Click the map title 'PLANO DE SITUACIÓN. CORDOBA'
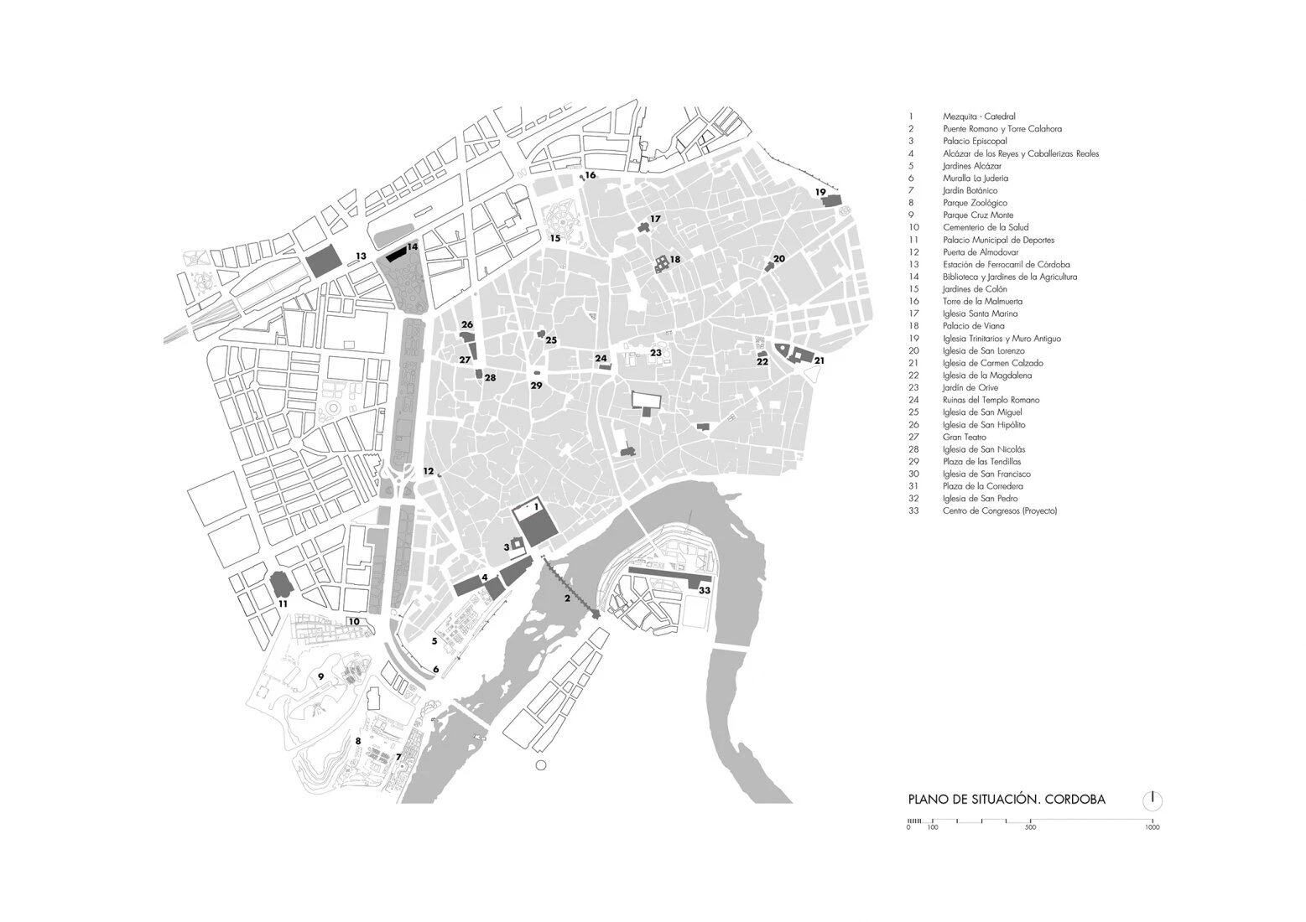1007,800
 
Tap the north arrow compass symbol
1153,800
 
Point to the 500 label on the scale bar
1030,828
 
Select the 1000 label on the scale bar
1152,828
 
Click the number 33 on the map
705,591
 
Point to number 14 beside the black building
412,247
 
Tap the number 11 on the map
283,603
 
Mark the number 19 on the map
820,192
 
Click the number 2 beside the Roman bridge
567,598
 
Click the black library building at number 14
394,254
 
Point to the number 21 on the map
819,360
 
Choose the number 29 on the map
536,386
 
